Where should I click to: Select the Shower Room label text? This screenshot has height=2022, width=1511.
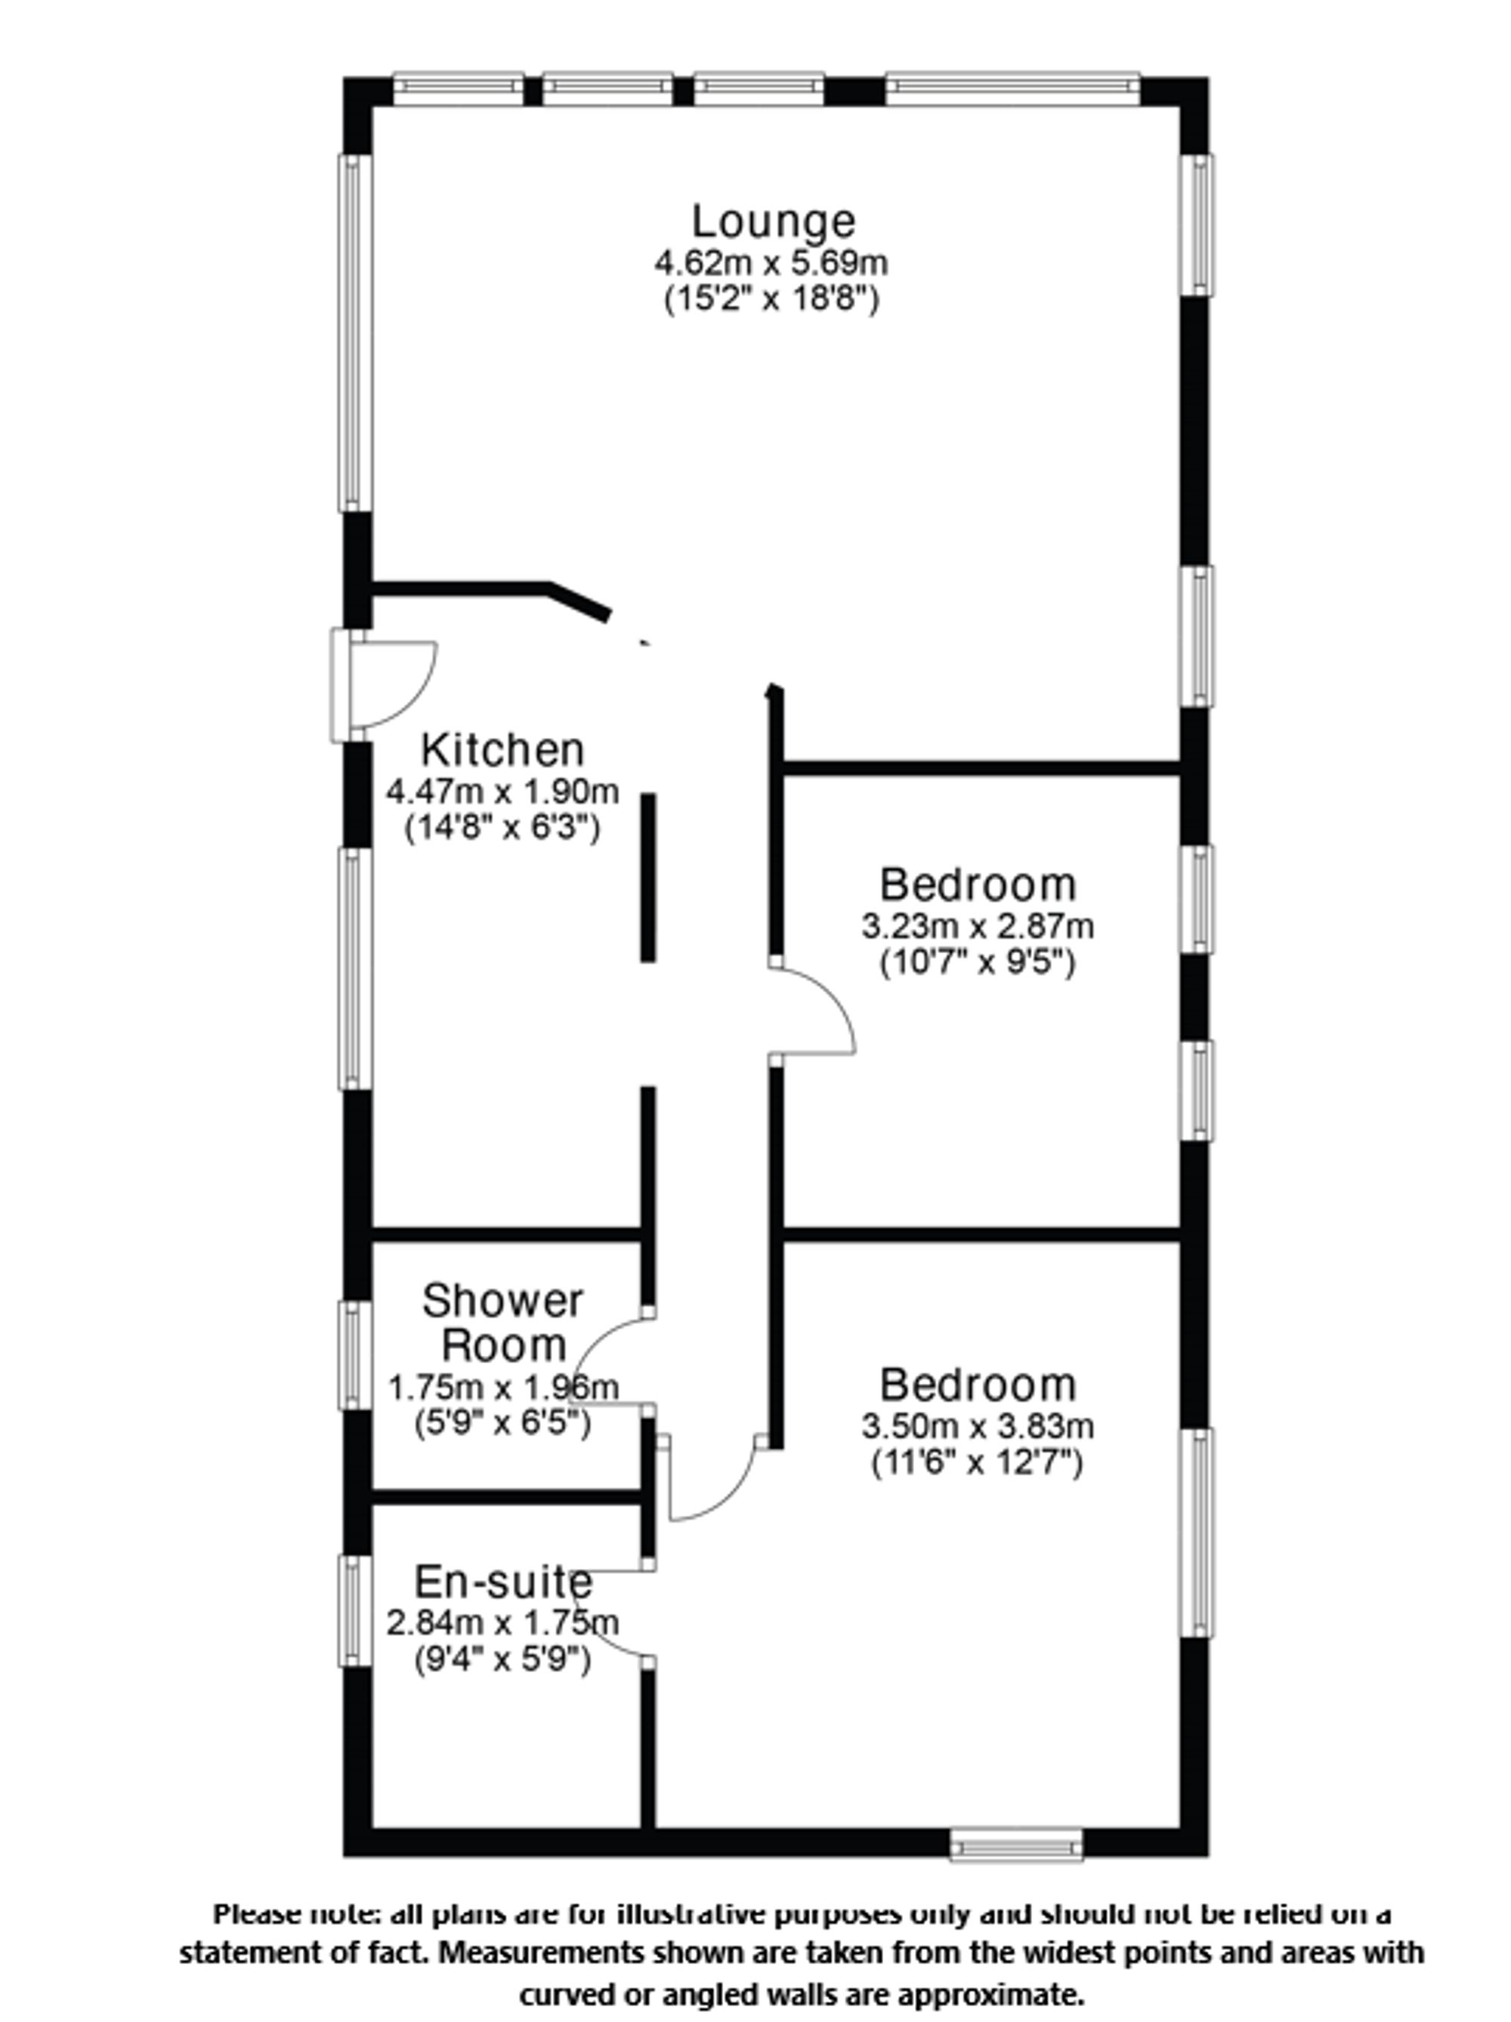coord(502,1323)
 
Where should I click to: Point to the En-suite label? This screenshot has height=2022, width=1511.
coord(502,1582)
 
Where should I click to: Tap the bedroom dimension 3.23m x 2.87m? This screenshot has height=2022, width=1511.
coord(977,926)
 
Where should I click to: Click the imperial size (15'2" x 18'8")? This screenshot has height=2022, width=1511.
coord(771,299)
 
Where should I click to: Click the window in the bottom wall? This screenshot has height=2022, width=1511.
coord(1015,1844)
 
